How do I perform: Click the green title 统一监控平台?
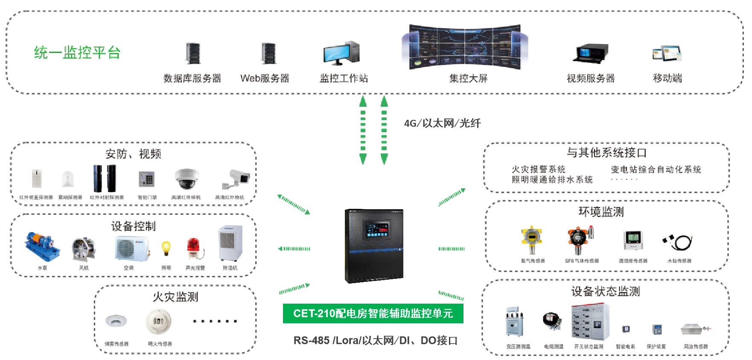77,53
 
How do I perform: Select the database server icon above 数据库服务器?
193,54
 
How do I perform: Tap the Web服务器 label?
265,78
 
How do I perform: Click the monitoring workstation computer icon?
341,53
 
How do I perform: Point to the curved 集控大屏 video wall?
465,47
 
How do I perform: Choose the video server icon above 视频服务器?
590,54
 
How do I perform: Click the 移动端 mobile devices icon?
667,54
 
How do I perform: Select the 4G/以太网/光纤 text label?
442,123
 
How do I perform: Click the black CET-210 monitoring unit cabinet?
374,246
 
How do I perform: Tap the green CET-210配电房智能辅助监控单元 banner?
373,313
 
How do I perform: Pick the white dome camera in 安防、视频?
187,179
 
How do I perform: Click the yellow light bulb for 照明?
166,248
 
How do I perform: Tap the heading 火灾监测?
175,297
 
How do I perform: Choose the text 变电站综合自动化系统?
656,170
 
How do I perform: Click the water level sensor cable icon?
678,242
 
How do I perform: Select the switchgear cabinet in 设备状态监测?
590,322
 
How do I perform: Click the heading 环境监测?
601,212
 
